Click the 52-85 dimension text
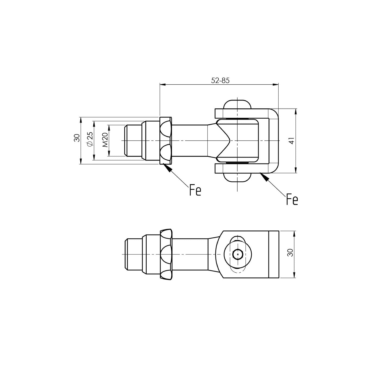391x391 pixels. pos(220,81)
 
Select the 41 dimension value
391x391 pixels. pos(291,141)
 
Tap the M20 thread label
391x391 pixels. pos(105,140)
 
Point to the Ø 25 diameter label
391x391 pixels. pos(90,140)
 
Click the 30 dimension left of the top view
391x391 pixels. pos(77,138)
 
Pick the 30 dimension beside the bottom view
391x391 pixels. pos(291,253)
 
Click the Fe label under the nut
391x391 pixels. pos(195,190)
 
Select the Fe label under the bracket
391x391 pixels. pos(292,200)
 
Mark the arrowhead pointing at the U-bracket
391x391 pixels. pos(264,177)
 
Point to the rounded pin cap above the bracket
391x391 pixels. pos(237,104)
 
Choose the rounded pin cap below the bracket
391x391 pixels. pos(237,177)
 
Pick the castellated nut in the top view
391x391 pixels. pos(165,140)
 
